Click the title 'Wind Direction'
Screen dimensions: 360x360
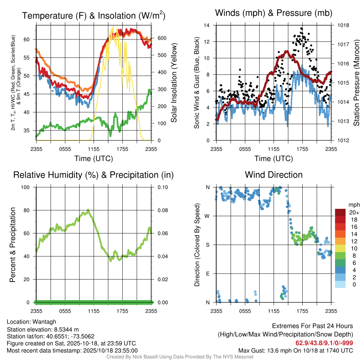pos(274,175)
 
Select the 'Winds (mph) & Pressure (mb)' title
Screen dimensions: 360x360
pos(274,13)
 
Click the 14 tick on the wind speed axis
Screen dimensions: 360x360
pos(207,25)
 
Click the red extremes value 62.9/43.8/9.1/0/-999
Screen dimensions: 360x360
pos(324,343)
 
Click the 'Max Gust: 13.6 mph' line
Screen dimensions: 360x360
pos(296,350)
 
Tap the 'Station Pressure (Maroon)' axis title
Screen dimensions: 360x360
pos(356,83)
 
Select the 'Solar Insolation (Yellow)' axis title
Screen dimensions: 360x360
pos(174,83)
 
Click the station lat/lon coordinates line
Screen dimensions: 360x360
pos(51,336)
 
